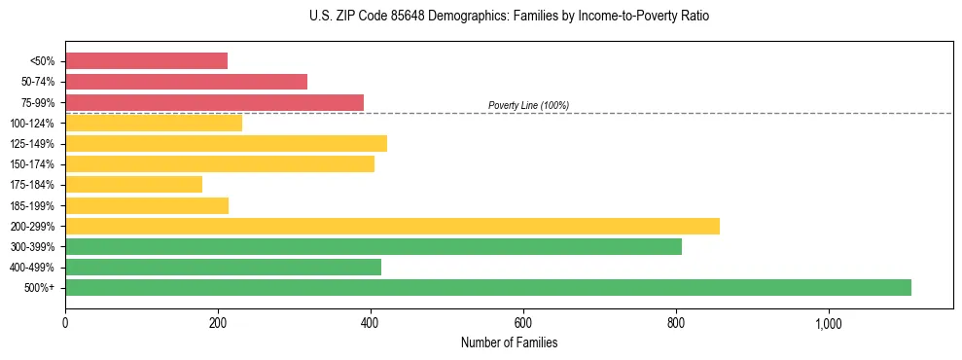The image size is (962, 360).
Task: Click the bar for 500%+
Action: pos(488,287)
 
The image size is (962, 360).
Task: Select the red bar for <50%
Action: pos(146,61)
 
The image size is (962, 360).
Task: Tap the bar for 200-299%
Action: pos(392,226)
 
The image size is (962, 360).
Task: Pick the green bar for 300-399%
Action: pos(374,246)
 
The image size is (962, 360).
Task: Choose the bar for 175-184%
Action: pos(133,185)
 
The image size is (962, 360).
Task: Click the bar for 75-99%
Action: pos(214,102)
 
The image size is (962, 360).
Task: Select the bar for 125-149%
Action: pos(226,144)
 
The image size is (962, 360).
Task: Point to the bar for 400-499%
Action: pos(223,267)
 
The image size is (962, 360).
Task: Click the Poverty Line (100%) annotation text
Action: pos(528,105)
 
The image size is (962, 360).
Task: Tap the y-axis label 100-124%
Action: pos(32,124)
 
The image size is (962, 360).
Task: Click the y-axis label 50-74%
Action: pos(37,82)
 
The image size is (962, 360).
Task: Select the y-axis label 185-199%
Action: pos(32,205)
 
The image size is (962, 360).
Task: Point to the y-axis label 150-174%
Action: pos(32,164)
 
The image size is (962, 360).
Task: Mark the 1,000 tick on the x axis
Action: pos(829,323)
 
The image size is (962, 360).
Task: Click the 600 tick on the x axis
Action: pos(523,323)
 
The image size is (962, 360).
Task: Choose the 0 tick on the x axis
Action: pos(65,323)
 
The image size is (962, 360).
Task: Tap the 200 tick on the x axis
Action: pos(218,323)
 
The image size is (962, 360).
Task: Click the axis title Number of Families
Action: pos(509,342)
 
